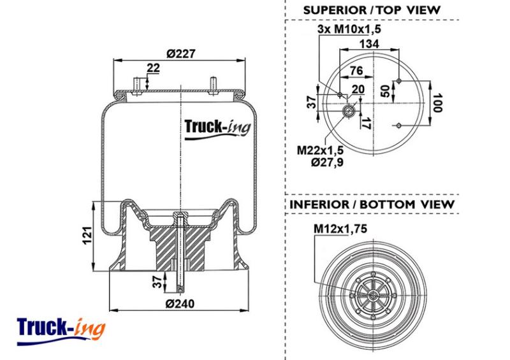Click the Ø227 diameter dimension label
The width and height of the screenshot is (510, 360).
181,54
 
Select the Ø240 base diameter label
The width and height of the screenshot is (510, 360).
180,304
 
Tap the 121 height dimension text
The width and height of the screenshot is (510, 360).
87,236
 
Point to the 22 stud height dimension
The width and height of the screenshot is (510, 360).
153,68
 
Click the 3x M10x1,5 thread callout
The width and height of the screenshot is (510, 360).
349,29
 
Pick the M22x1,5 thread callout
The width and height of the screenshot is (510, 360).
321,150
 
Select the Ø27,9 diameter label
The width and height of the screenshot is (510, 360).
327,162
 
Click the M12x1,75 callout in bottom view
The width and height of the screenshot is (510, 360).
340,229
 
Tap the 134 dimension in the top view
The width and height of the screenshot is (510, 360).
369,43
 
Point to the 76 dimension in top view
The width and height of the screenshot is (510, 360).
356,70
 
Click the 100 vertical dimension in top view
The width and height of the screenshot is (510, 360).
438,103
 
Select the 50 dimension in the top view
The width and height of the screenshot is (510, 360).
385,91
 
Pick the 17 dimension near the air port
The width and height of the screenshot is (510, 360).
367,123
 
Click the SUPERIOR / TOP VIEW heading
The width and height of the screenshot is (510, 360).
372,10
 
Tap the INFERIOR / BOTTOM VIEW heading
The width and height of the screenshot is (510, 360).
372,205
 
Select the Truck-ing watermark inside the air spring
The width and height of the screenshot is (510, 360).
217,129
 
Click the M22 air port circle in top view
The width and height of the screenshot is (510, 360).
349,112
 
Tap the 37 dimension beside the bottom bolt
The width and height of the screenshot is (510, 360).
157,282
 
